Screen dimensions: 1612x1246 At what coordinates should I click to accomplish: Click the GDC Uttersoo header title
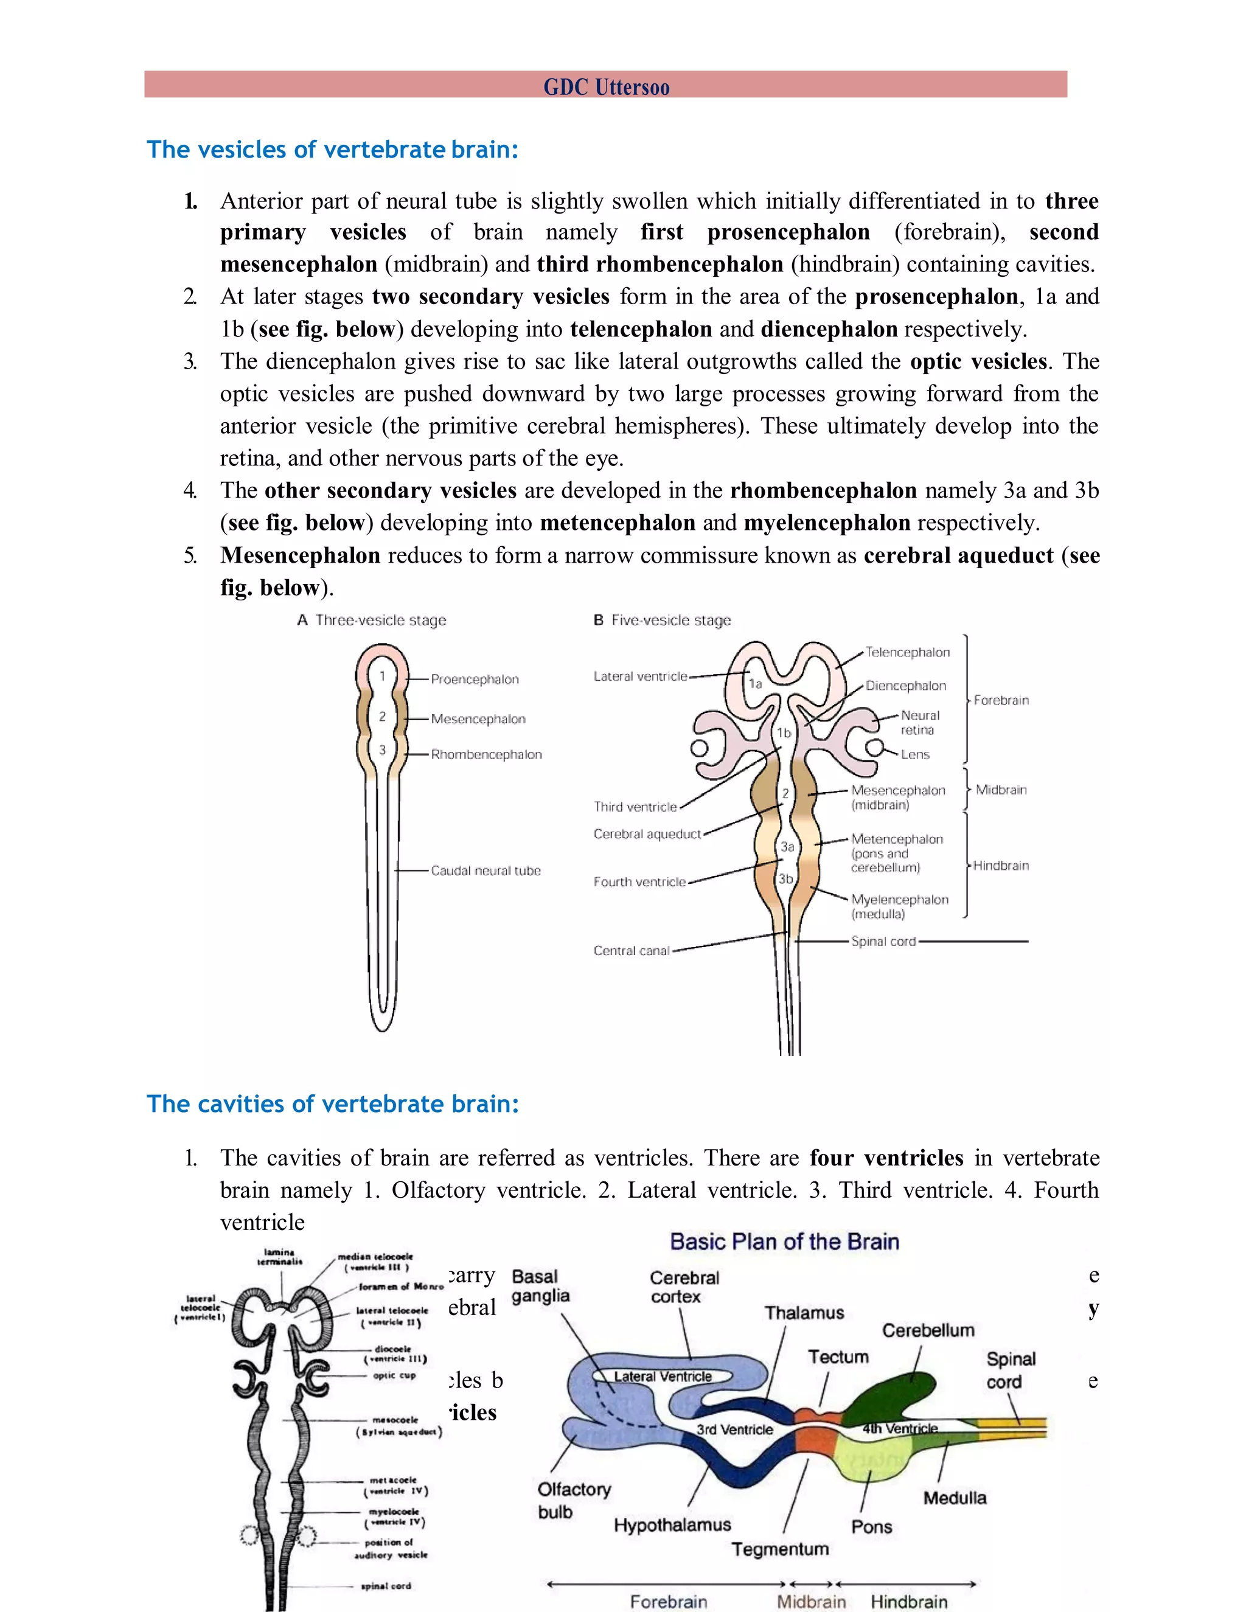[x=606, y=87]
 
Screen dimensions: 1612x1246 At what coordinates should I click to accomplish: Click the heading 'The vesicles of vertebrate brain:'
[x=332, y=150]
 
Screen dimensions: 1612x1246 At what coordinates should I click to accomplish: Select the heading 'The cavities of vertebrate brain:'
[x=332, y=1104]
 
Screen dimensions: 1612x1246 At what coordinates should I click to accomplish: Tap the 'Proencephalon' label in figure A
[x=475, y=679]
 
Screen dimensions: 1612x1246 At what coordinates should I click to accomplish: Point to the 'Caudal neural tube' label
[x=486, y=871]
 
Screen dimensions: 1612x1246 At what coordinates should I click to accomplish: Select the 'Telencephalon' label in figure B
[x=907, y=653]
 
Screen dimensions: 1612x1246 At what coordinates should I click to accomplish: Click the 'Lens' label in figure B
[x=914, y=754]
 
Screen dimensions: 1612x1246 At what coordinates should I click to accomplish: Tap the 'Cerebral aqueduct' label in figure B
[x=647, y=834]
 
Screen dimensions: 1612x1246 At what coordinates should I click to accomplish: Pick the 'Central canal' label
[x=631, y=951]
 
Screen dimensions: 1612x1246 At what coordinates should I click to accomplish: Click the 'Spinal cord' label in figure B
[x=883, y=942]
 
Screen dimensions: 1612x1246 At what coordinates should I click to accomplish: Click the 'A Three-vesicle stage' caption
[x=372, y=620]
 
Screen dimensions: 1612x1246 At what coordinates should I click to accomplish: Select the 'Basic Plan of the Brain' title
[x=784, y=1242]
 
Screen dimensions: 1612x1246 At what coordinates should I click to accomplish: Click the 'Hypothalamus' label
[x=672, y=1525]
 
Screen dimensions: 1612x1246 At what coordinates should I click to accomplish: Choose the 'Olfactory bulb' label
[x=574, y=1501]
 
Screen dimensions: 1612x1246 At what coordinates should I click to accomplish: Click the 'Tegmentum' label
[x=779, y=1549]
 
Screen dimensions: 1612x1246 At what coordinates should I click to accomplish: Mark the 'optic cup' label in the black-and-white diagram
[x=394, y=1376]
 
